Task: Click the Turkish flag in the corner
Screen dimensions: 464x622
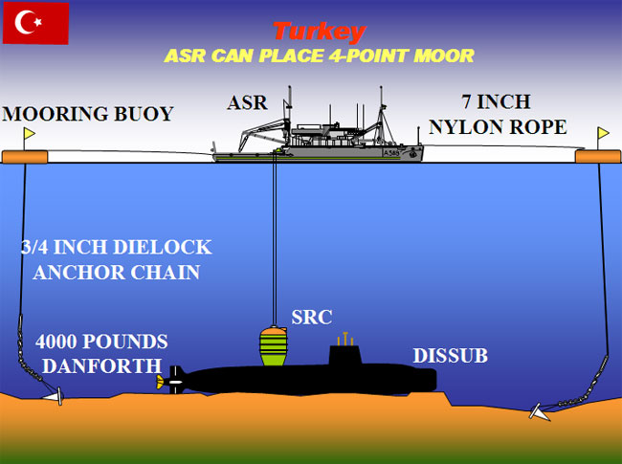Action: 35,23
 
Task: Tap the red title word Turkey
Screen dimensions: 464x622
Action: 319,32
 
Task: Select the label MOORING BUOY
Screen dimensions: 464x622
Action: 88,115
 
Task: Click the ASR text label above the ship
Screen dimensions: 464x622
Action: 248,103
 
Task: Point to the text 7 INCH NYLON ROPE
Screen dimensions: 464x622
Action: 498,114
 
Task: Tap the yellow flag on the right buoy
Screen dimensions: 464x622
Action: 604,134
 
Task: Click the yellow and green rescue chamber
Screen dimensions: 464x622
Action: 275,347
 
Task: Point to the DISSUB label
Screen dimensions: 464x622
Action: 450,357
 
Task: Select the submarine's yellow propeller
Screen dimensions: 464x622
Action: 161,381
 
